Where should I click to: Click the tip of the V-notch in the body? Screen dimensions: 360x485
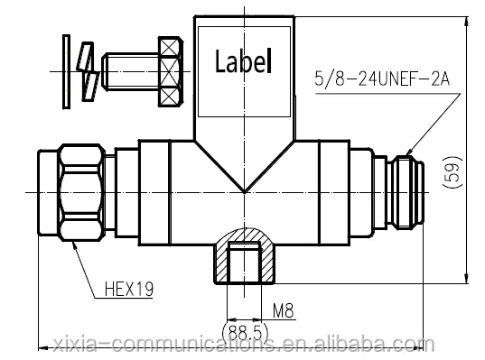tap(246, 189)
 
